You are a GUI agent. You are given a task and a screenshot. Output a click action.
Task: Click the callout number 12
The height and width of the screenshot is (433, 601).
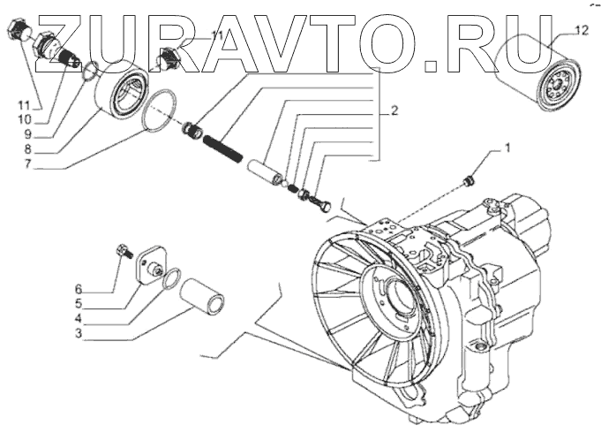[x=579, y=31]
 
